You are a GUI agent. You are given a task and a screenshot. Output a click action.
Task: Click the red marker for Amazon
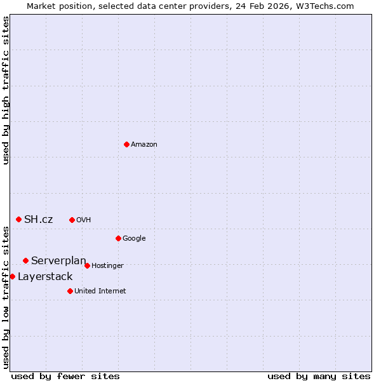[x=126, y=144]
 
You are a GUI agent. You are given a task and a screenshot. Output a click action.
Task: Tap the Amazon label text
[x=144, y=145]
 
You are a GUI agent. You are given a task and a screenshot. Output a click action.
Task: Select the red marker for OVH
[x=72, y=220]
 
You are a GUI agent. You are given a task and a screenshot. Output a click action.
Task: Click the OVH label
[x=84, y=220]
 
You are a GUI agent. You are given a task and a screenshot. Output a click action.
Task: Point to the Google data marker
[x=118, y=238]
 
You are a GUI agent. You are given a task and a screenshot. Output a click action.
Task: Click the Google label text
[x=134, y=239]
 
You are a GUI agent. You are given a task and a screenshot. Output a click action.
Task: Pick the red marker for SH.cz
[x=18, y=219]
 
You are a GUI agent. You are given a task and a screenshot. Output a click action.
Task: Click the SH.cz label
[x=38, y=220]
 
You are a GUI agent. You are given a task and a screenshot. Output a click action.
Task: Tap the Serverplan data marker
[x=25, y=260]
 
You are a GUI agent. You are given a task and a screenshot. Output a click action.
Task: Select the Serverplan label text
[x=58, y=261]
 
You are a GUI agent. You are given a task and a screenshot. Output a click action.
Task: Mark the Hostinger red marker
[x=87, y=265]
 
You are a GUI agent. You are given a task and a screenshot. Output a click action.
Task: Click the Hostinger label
[x=107, y=266]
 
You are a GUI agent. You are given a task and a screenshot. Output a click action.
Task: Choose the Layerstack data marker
[x=12, y=276]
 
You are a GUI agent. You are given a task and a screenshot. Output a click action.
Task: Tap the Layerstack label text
[x=45, y=277]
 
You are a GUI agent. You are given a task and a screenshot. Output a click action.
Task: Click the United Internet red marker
[x=70, y=291]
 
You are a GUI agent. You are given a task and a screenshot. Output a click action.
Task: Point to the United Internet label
[x=100, y=291]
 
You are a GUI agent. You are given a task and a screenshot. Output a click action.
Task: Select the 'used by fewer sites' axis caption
[x=65, y=376]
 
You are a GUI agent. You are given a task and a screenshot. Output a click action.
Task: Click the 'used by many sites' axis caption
[x=319, y=376]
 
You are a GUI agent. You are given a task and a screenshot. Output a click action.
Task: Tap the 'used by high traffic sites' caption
[x=6, y=90]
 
